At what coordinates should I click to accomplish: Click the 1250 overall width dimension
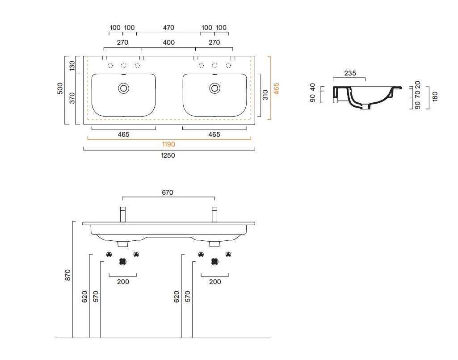pyautogui.click(x=168, y=155)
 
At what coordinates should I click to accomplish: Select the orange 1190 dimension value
pyautogui.click(x=168, y=144)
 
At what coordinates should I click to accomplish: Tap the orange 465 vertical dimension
pyautogui.click(x=276, y=88)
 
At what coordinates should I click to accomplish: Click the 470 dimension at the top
pyautogui.click(x=168, y=28)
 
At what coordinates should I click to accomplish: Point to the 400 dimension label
pyautogui.click(x=168, y=42)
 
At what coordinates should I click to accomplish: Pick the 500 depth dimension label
pyautogui.click(x=60, y=88)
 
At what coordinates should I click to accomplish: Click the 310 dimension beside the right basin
pyautogui.click(x=265, y=95)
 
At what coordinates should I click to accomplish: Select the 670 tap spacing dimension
pyautogui.click(x=168, y=193)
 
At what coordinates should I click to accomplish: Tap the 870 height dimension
pyautogui.click(x=67, y=275)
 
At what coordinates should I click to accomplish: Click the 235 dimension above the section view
pyautogui.click(x=350, y=73)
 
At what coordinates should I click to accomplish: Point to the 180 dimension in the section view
pyautogui.click(x=435, y=96)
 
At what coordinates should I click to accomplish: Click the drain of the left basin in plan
pyautogui.click(x=124, y=88)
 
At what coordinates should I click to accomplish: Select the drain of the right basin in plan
pyautogui.click(x=214, y=88)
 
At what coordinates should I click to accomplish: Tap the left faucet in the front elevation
pyautogui.click(x=123, y=214)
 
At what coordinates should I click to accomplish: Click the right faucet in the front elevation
pyautogui.click(x=214, y=214)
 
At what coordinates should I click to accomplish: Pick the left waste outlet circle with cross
pyautogui.click(x=123, y=262)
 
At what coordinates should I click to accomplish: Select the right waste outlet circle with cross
pyautogui.click(x=214, y=262)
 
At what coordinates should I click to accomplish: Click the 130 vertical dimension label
pyautogui.click(x=72, y=65)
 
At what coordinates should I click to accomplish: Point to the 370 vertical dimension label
pyautogui.click(x=72, y=98)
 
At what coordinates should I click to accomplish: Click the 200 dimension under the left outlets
pyautogui.click(x=123, y=282)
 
